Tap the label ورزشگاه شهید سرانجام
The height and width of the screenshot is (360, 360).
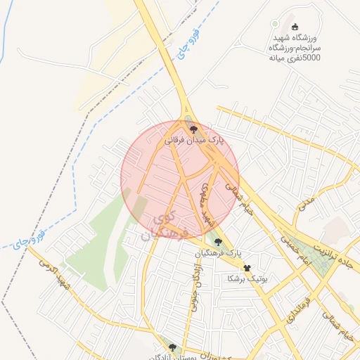click(x=295, y=41)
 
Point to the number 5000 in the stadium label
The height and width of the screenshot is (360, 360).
click(x=310, y=58)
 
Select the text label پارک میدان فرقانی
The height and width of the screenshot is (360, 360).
click(x=193, y=141)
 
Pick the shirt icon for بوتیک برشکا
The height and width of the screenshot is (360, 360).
click(x=247, y=268)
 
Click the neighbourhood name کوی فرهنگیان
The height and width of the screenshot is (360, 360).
click(x=166, y=225)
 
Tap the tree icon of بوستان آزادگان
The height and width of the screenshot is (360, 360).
click(x=172, y=347)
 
